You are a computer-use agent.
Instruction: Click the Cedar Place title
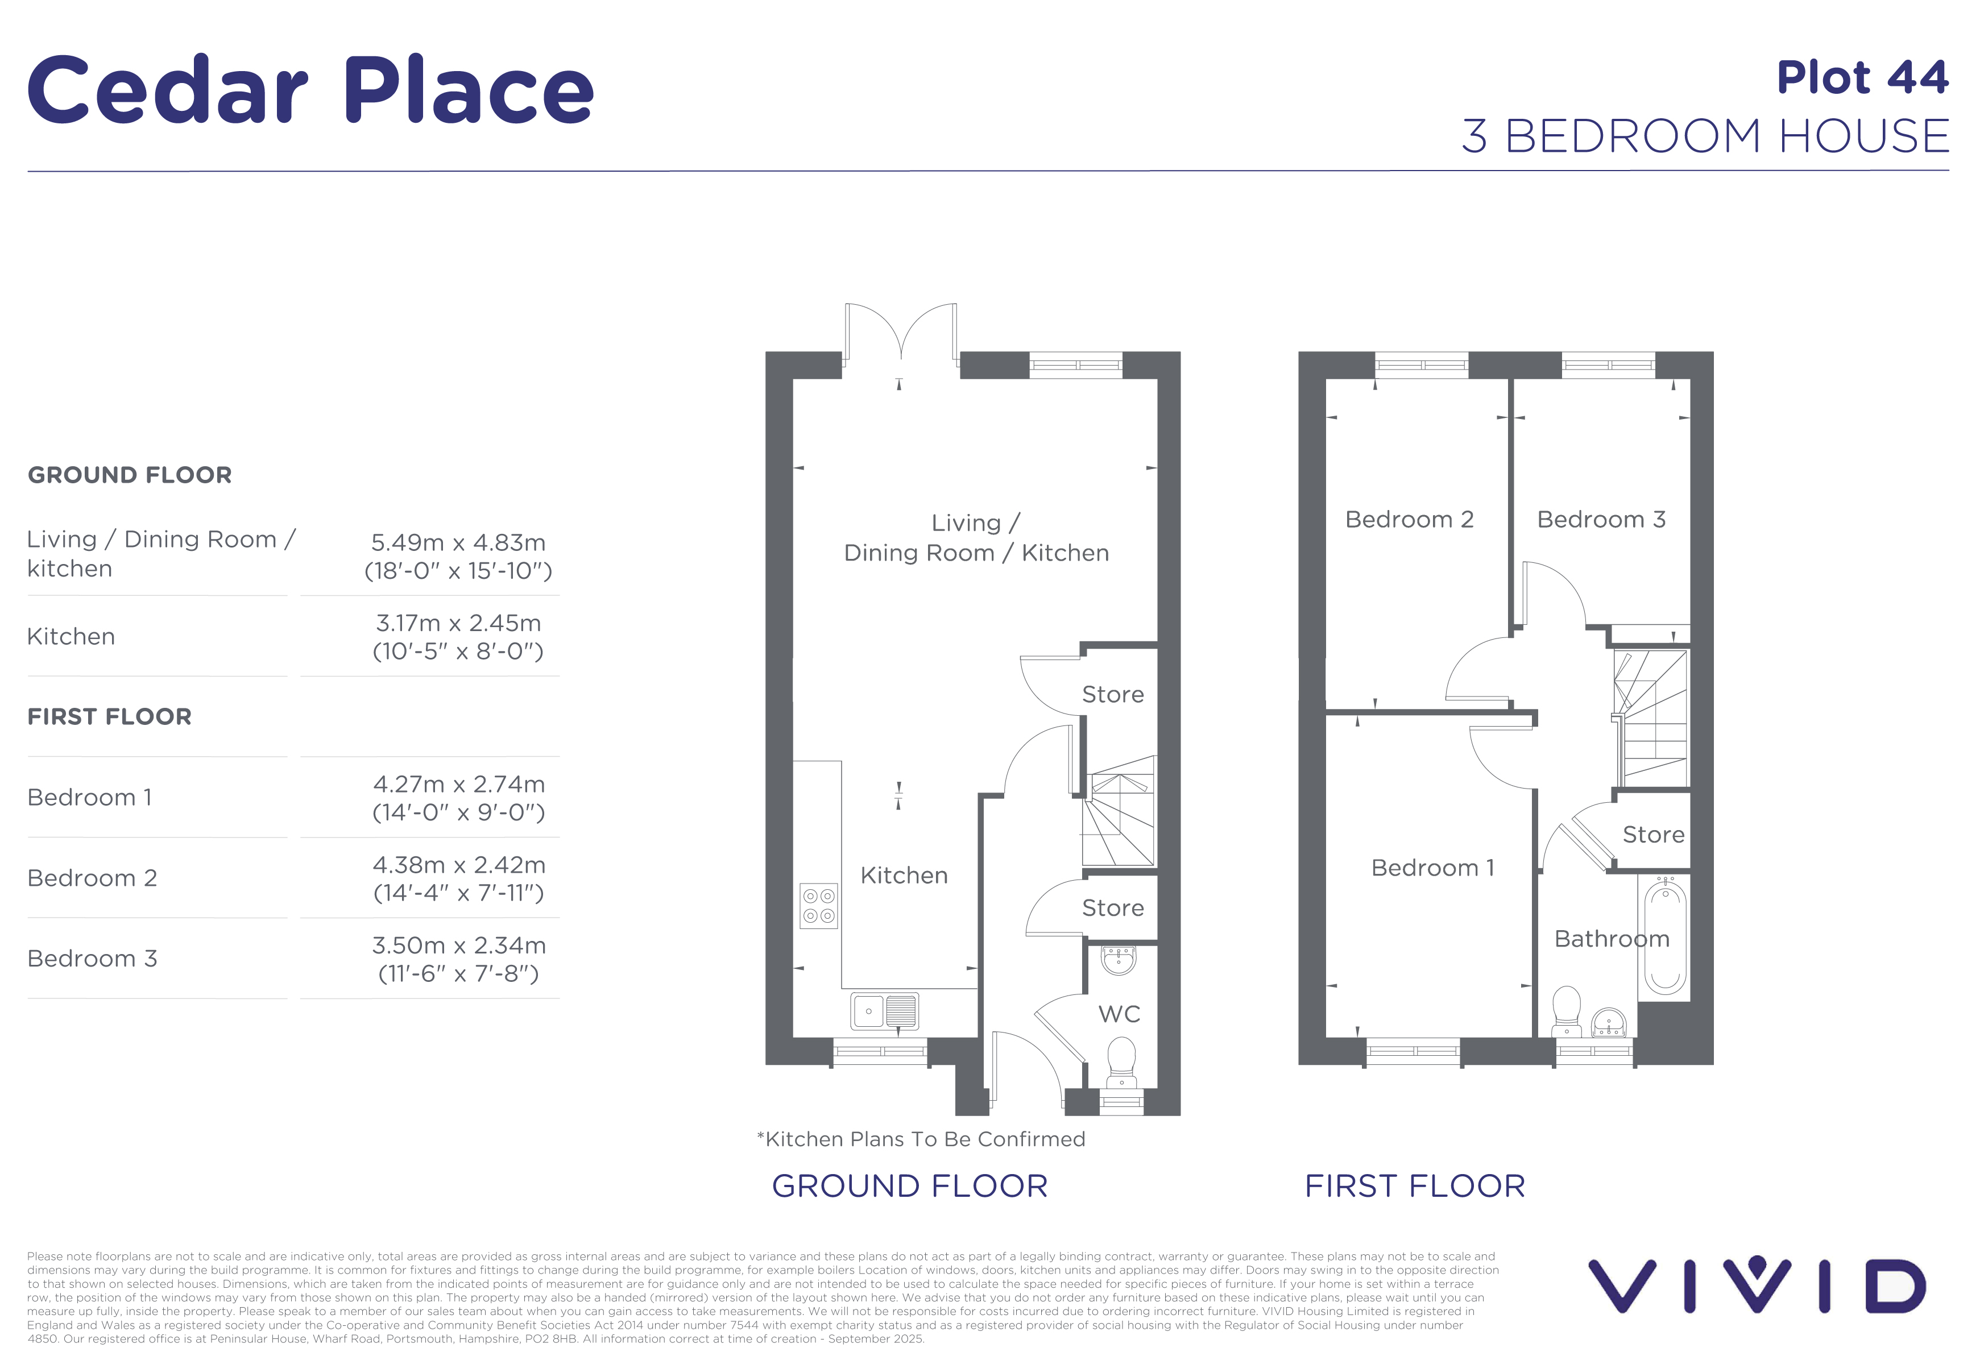point(310,90)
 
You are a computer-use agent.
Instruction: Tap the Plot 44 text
point(1863,78)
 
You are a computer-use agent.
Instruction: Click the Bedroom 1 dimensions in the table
point(458,798)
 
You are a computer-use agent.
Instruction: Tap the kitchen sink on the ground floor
point(884,1011)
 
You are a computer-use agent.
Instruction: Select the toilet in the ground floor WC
point(1121,1063)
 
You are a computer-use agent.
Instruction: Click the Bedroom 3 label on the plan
point(1601,520)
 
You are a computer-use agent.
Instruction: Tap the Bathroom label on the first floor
point(1612,939)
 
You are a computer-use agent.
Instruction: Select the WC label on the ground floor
point(1119,1014)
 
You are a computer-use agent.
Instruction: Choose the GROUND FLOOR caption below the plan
point(910,1186)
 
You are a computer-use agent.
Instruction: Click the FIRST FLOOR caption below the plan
point(1415,1186)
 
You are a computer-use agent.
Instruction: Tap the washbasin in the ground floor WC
point(1119,960)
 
